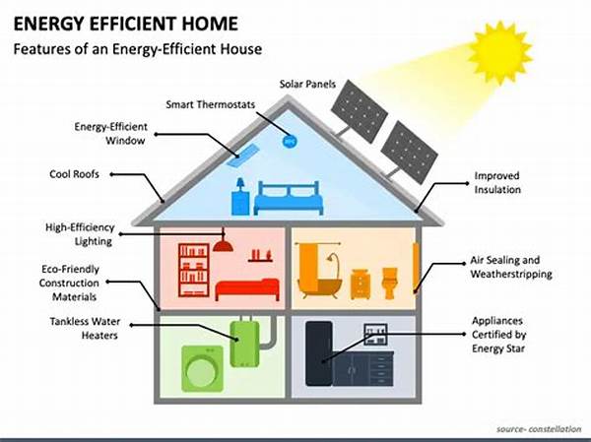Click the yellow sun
499,52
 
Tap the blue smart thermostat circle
290,142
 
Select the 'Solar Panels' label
307,84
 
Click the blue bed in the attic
289,198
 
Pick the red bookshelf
194,270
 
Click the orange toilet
390,283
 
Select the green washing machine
202,368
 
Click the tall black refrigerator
319,353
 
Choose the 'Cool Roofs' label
74,174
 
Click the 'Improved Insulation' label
497,182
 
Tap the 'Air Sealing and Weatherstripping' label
510,267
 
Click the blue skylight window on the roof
242,156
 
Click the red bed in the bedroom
247,289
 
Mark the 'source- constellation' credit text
539,429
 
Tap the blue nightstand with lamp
240,197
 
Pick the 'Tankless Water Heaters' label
85,328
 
